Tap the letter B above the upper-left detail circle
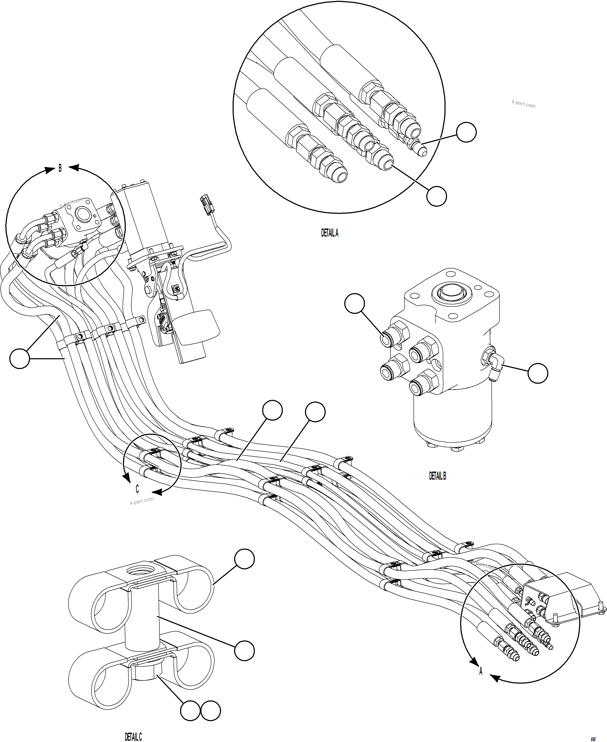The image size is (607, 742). pyautogui.click(x=60, y=168)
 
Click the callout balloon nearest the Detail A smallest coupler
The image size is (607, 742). pyautogui.click(x=466, y=132)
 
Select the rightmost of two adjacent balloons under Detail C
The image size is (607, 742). pyautogui.click(x=211, y=710)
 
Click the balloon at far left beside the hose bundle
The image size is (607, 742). pyautogui.click(x=20, y=358)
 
